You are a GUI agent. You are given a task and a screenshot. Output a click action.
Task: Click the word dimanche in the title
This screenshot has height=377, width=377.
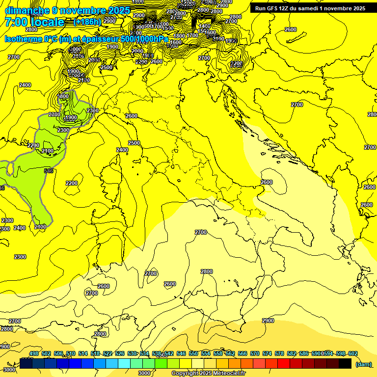tap(27, 10)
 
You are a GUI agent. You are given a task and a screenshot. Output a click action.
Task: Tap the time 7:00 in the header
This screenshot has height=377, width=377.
tap(19, 22)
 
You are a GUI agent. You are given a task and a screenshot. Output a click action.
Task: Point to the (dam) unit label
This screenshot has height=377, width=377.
tap(363, 364)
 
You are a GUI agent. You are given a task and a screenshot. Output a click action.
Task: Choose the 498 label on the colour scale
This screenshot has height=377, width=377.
tap(34, 353)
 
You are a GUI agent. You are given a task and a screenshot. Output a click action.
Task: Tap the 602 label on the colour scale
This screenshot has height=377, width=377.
tap(352, 353)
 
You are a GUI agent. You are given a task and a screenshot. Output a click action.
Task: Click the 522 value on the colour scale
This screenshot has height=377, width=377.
tap(108, 353)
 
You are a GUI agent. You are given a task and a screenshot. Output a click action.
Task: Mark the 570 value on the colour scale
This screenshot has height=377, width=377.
tap(254, 353)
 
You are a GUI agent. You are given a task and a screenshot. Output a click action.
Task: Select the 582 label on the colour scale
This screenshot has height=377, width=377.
tap(291, 353)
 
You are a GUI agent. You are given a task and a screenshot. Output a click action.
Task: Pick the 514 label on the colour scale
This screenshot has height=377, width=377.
tap(83, 353)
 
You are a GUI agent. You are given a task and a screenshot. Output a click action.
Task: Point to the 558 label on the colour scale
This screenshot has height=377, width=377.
tap(217, 353)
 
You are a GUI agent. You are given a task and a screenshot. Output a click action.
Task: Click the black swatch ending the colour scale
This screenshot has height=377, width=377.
tap(345, 363)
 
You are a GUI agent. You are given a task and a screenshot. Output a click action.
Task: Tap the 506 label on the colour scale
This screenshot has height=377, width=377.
tap(58, 353)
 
